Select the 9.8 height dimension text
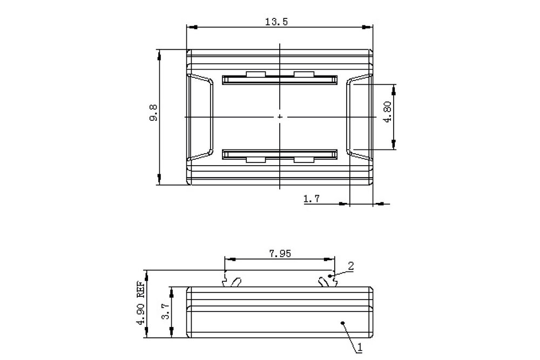(153, 114)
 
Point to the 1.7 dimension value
(312, 199)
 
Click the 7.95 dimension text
(279, 253)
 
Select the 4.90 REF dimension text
(141, 304)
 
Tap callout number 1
(360, 349)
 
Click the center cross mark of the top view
(279, 116)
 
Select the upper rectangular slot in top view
(279, 79)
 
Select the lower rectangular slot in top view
(279, 154)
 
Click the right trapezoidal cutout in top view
(359, 117)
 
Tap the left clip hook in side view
(231, 281)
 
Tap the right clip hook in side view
(327, 281)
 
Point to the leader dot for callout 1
(343, 323)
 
